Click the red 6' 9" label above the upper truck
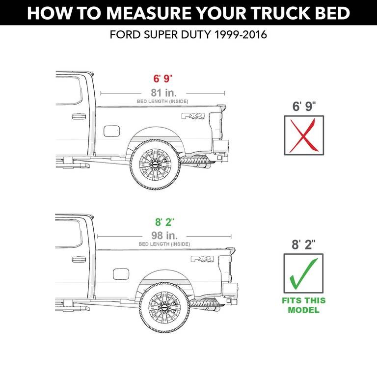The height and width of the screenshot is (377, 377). tap(162, 79)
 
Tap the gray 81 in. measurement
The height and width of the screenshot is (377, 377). tap(162, 92)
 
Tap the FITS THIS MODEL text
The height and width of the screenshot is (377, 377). tap(303, 305)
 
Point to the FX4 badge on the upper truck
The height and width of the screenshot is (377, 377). tap(192, 117)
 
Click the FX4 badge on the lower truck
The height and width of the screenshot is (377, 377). tap(202, 259)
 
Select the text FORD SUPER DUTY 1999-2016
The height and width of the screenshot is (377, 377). tap(188, 36)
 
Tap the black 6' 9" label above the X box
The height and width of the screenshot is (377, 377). tap(304, 106)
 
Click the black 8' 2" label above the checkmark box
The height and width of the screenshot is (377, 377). tap(304, 244)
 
